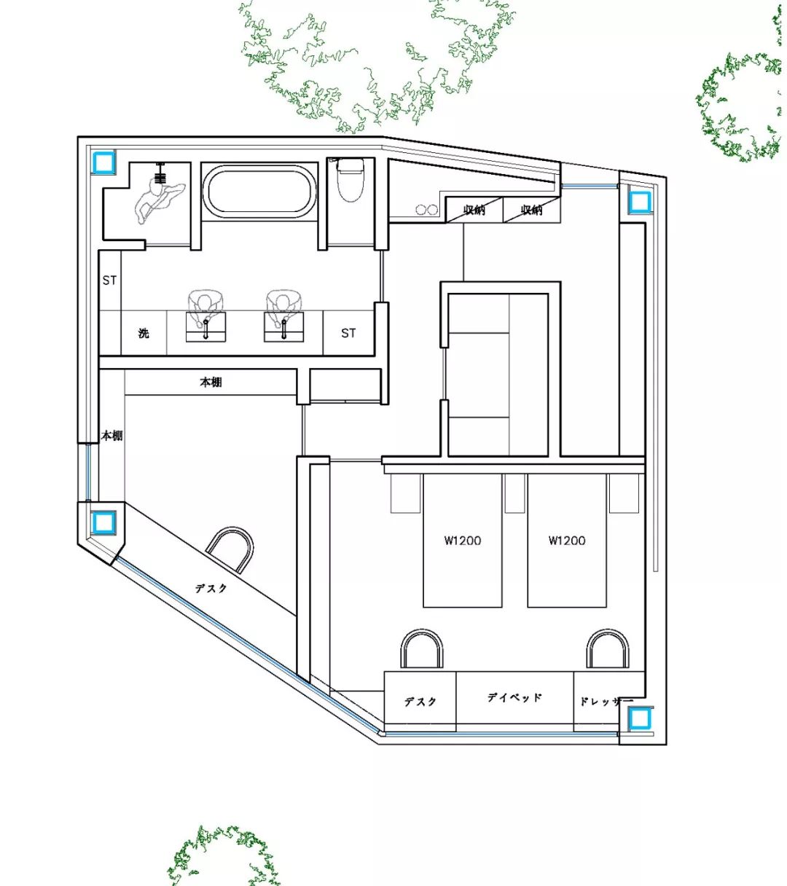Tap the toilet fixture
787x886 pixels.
[350, 179]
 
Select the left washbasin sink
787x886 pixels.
[205, 326]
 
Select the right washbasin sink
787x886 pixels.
[284, 326]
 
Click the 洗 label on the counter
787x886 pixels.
[144, 333]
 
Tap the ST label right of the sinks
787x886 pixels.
[348, 333]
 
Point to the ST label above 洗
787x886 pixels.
[109, 281]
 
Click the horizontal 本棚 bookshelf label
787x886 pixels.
[211, 383]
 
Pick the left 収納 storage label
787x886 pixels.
[474, 210]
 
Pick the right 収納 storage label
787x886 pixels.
[531, 210]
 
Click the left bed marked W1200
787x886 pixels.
[463, 540]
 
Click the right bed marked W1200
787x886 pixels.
[567, 540]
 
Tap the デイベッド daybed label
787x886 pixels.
[514, 697]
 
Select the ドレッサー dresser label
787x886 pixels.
[606, 702]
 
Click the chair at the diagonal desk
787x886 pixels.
[230, 549]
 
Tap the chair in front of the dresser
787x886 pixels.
[608, 648]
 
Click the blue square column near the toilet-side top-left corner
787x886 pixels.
[103, 162]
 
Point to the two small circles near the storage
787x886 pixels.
[426, 210]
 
